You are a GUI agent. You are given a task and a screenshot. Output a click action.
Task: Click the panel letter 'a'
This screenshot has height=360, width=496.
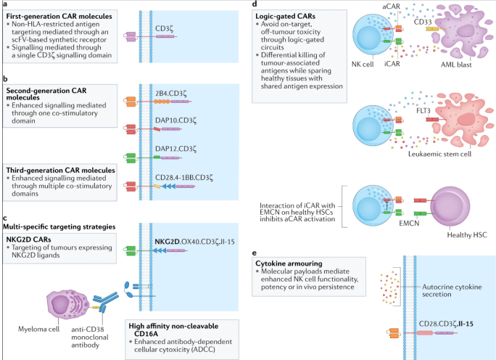pos(5,4)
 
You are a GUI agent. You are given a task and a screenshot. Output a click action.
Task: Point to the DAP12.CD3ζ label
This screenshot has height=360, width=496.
pos(173,147)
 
